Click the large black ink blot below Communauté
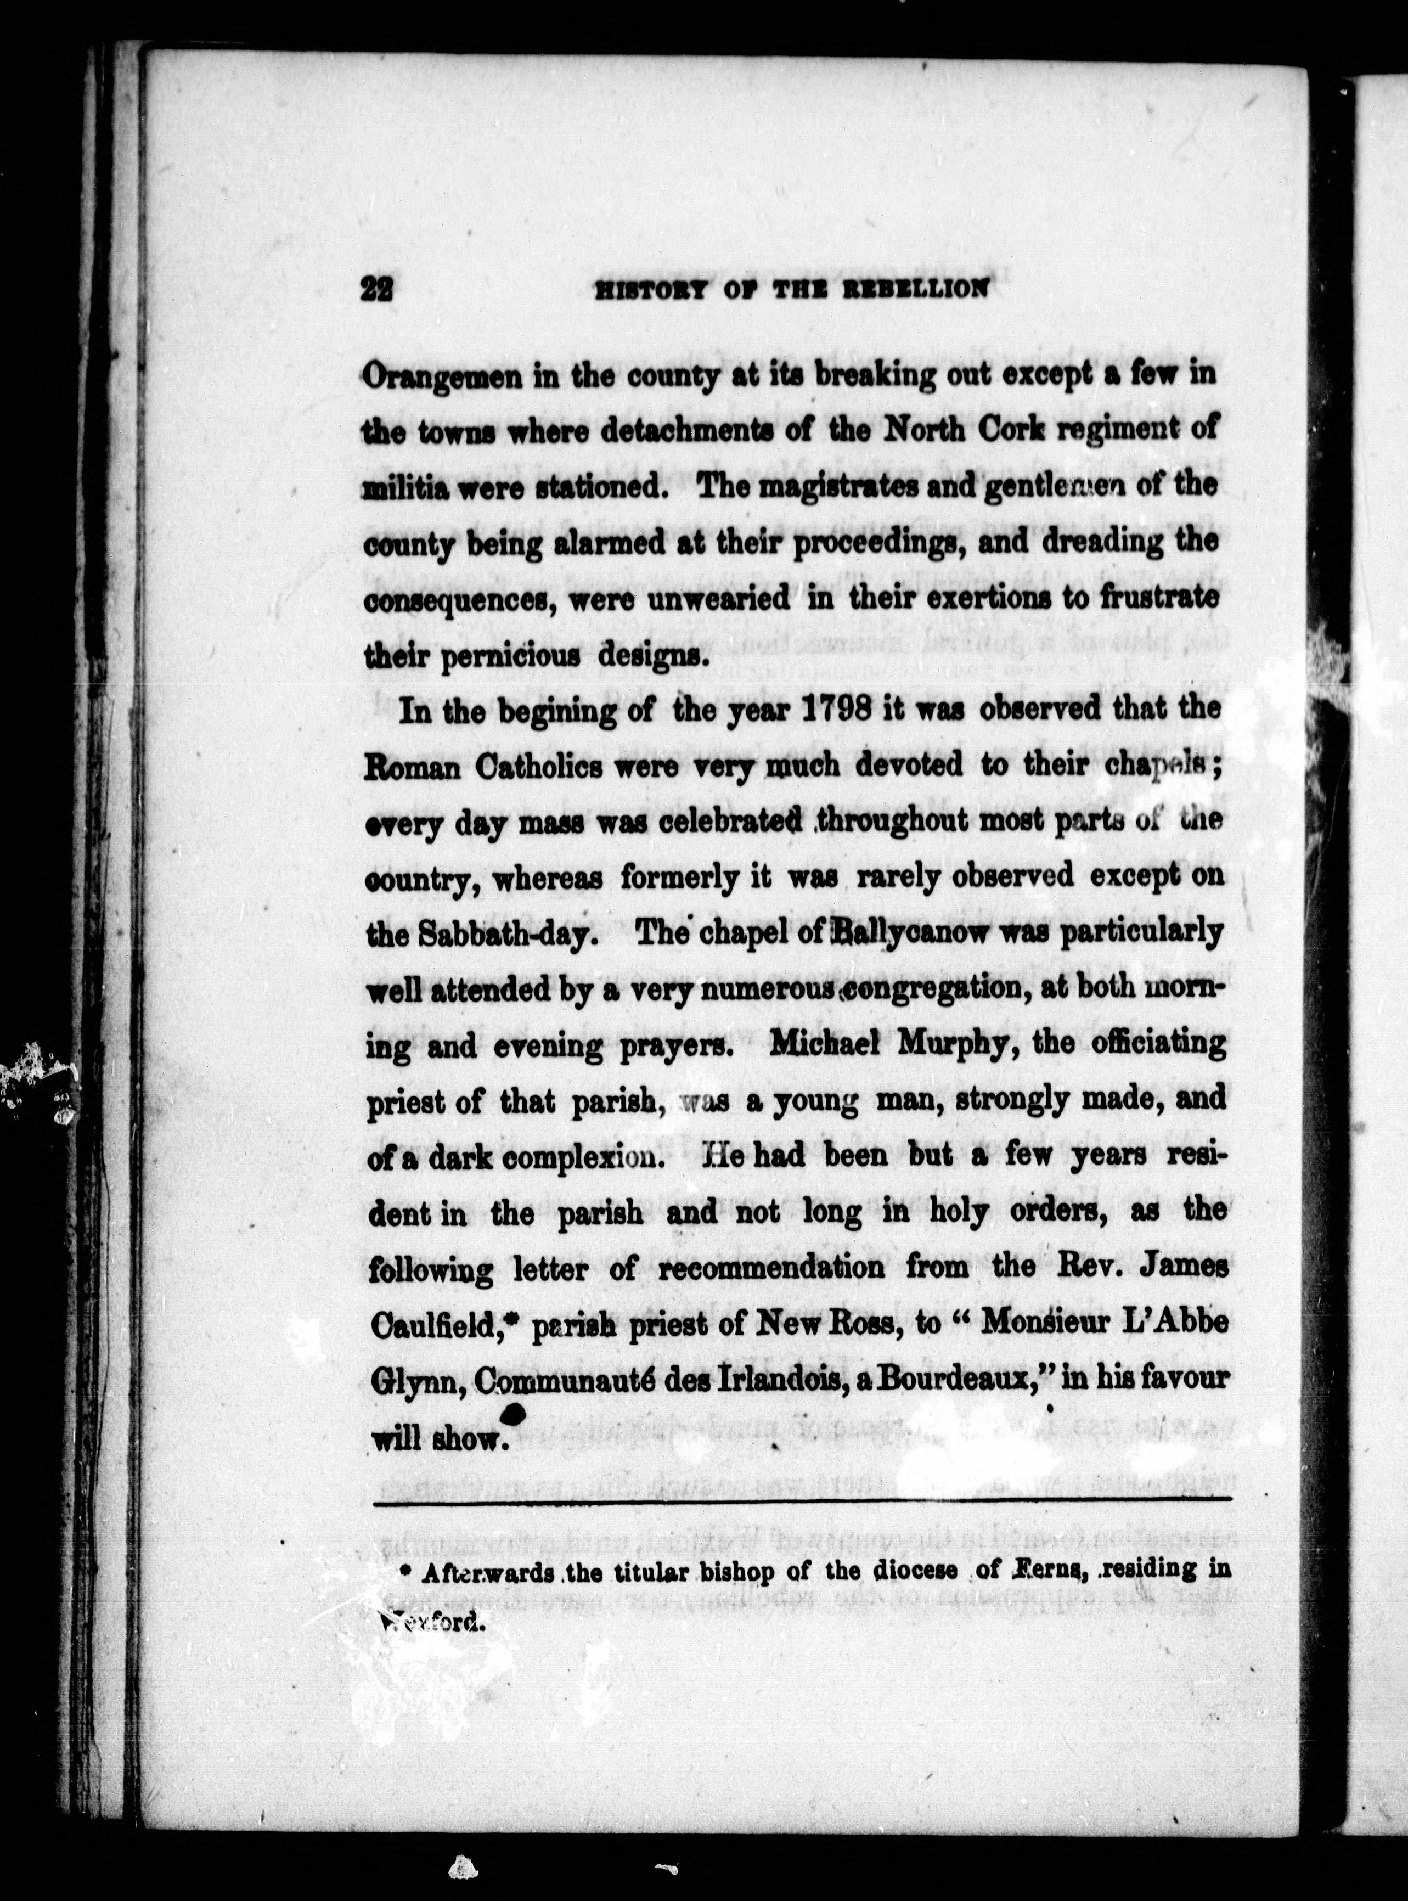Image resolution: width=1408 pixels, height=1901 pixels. (513, 1416)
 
